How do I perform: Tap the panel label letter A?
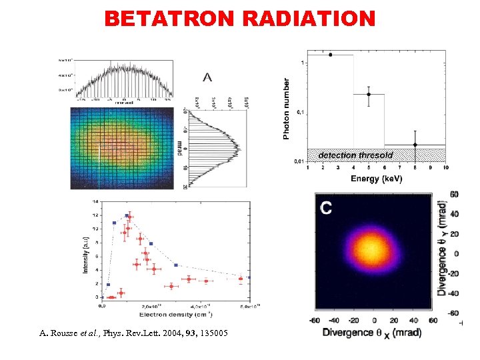pos(208,78)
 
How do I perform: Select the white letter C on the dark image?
pos(326,208)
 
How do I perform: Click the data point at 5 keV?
pos(369,94)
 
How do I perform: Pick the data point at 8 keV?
pos(415,145)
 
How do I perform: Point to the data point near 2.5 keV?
pos(330,55)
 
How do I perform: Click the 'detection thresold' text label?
pos(355,155)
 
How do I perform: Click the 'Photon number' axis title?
pos(287,109)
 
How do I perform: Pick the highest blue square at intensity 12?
pos(127,215)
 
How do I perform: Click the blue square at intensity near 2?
pos(108,285)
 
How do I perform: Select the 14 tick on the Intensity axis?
pos(95,201)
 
